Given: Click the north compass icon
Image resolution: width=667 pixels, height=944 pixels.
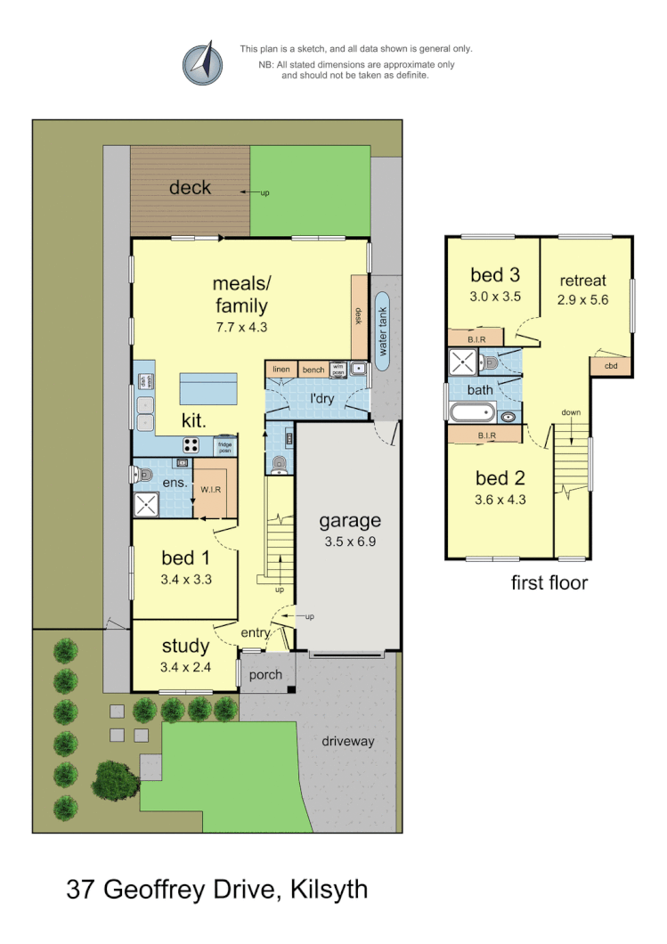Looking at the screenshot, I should [202, 62].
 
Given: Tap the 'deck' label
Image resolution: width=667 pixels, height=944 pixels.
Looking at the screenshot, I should [191, 187].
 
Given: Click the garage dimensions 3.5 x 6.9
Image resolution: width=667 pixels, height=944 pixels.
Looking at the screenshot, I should [350, 541].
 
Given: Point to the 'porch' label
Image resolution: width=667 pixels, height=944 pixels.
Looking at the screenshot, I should [265, 675].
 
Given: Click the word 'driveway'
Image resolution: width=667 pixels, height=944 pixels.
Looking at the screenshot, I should [348, 741].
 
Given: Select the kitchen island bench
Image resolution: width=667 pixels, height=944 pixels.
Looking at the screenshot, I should [208, 389].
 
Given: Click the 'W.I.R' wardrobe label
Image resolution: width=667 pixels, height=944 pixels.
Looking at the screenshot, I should [210, 489].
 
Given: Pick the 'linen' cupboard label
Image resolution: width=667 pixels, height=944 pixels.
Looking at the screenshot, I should [281, 369].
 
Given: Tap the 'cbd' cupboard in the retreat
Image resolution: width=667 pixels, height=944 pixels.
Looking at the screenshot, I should [611, 366].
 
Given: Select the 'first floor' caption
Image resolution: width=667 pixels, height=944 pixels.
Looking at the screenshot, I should [549, 583].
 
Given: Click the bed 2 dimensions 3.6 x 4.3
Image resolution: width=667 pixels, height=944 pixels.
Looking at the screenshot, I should [500, 500].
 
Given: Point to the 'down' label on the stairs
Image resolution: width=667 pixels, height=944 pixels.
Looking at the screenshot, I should [572, 412].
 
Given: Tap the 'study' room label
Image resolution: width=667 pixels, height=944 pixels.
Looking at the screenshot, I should [185, 646].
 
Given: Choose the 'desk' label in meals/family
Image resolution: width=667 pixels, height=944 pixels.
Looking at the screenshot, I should [360, 316].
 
